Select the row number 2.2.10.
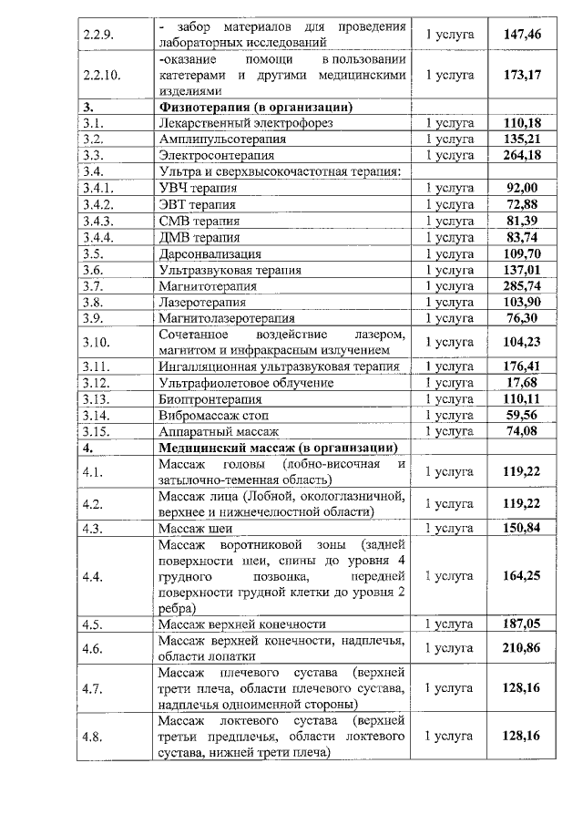pyautogui.click(x=97, y=75)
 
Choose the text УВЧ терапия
pyautogui.click(x=198, y=188)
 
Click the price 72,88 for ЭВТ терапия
pyautogui.click(x=523, y=203)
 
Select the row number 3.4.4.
pyautogui.click(x=97, y=237)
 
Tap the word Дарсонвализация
pyautogui.click(x=210, y=253)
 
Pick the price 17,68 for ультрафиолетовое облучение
pyautogui.click(x=523, y=383)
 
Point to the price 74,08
pyautogui.click(x=523, y=431)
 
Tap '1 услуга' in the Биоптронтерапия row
pyautogui.click(x=450, y=399)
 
